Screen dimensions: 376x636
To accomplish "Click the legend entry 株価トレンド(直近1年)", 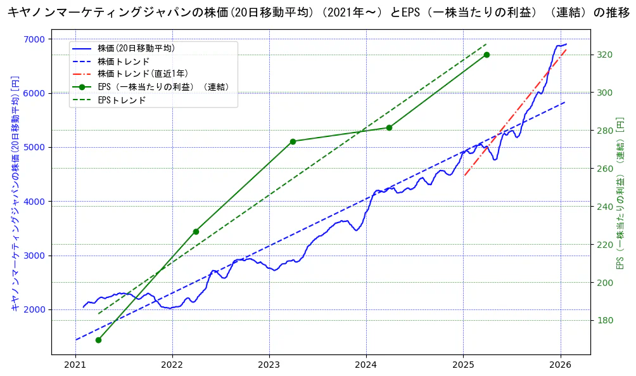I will click(x=143, y=74).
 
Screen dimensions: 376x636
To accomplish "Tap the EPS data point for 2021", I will click(x=98, y=340).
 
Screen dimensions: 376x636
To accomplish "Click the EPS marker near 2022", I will click(x=196, y=231).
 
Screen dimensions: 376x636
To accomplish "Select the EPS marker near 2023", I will click(x=293, y=141).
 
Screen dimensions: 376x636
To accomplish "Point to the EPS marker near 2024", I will click(x=389, y=128).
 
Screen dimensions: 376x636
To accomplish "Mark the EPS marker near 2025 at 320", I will click(x=487, y=55).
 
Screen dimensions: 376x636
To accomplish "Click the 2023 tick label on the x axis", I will click(x=269, y=365).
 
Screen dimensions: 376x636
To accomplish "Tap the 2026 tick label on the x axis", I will click(x=561, y=365).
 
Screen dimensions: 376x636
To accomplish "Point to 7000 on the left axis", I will click(x=34, y=39).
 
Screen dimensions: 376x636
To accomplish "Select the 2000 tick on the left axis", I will click(x=34, y=310).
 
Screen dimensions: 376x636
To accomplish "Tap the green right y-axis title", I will click(x=621, y=193).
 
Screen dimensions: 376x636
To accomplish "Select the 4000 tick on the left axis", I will click(x=34, y=202).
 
